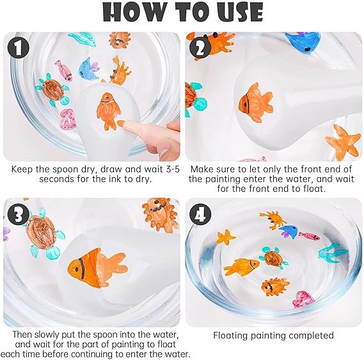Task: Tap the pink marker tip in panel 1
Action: click(x=121, y=123)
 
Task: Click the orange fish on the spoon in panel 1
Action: click(x=108, y=110)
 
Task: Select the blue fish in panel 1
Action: click(x=88, y=69)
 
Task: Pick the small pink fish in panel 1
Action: click(x=63, y=70)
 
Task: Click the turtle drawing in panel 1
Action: click(x=52, y=90)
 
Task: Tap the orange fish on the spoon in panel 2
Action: click(x=256, y=102)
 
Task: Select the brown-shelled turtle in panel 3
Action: click(x=44, y=235)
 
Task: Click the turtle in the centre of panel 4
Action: click(x=274, y=258)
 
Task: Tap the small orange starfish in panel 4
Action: click(x=225, y=237)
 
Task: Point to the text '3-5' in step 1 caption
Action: click(x=173, y=169)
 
